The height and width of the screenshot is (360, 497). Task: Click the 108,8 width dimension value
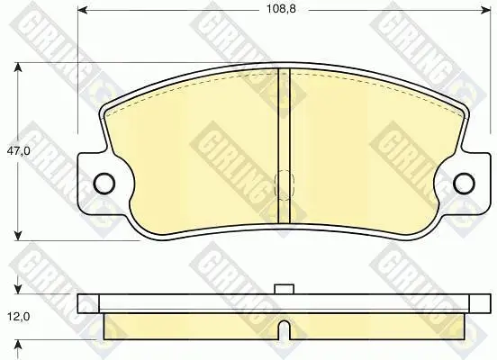click(x=281, y=9)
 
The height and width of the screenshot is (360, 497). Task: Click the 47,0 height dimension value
click(x=18, y=151)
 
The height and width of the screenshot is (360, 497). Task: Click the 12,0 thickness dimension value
click(x=18, y=316)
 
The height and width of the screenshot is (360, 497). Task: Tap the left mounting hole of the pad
click(x=104, y=184)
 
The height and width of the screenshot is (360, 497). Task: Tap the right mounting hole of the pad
click(x=465, y=184)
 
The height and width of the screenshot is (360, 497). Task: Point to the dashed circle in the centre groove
click(x=284, y=185)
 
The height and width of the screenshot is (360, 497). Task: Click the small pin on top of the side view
click(x=284, y=289)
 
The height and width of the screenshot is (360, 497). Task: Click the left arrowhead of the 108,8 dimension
click(x=83, y=11)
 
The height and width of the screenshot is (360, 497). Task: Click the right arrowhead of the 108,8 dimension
click(x=486, y=11)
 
